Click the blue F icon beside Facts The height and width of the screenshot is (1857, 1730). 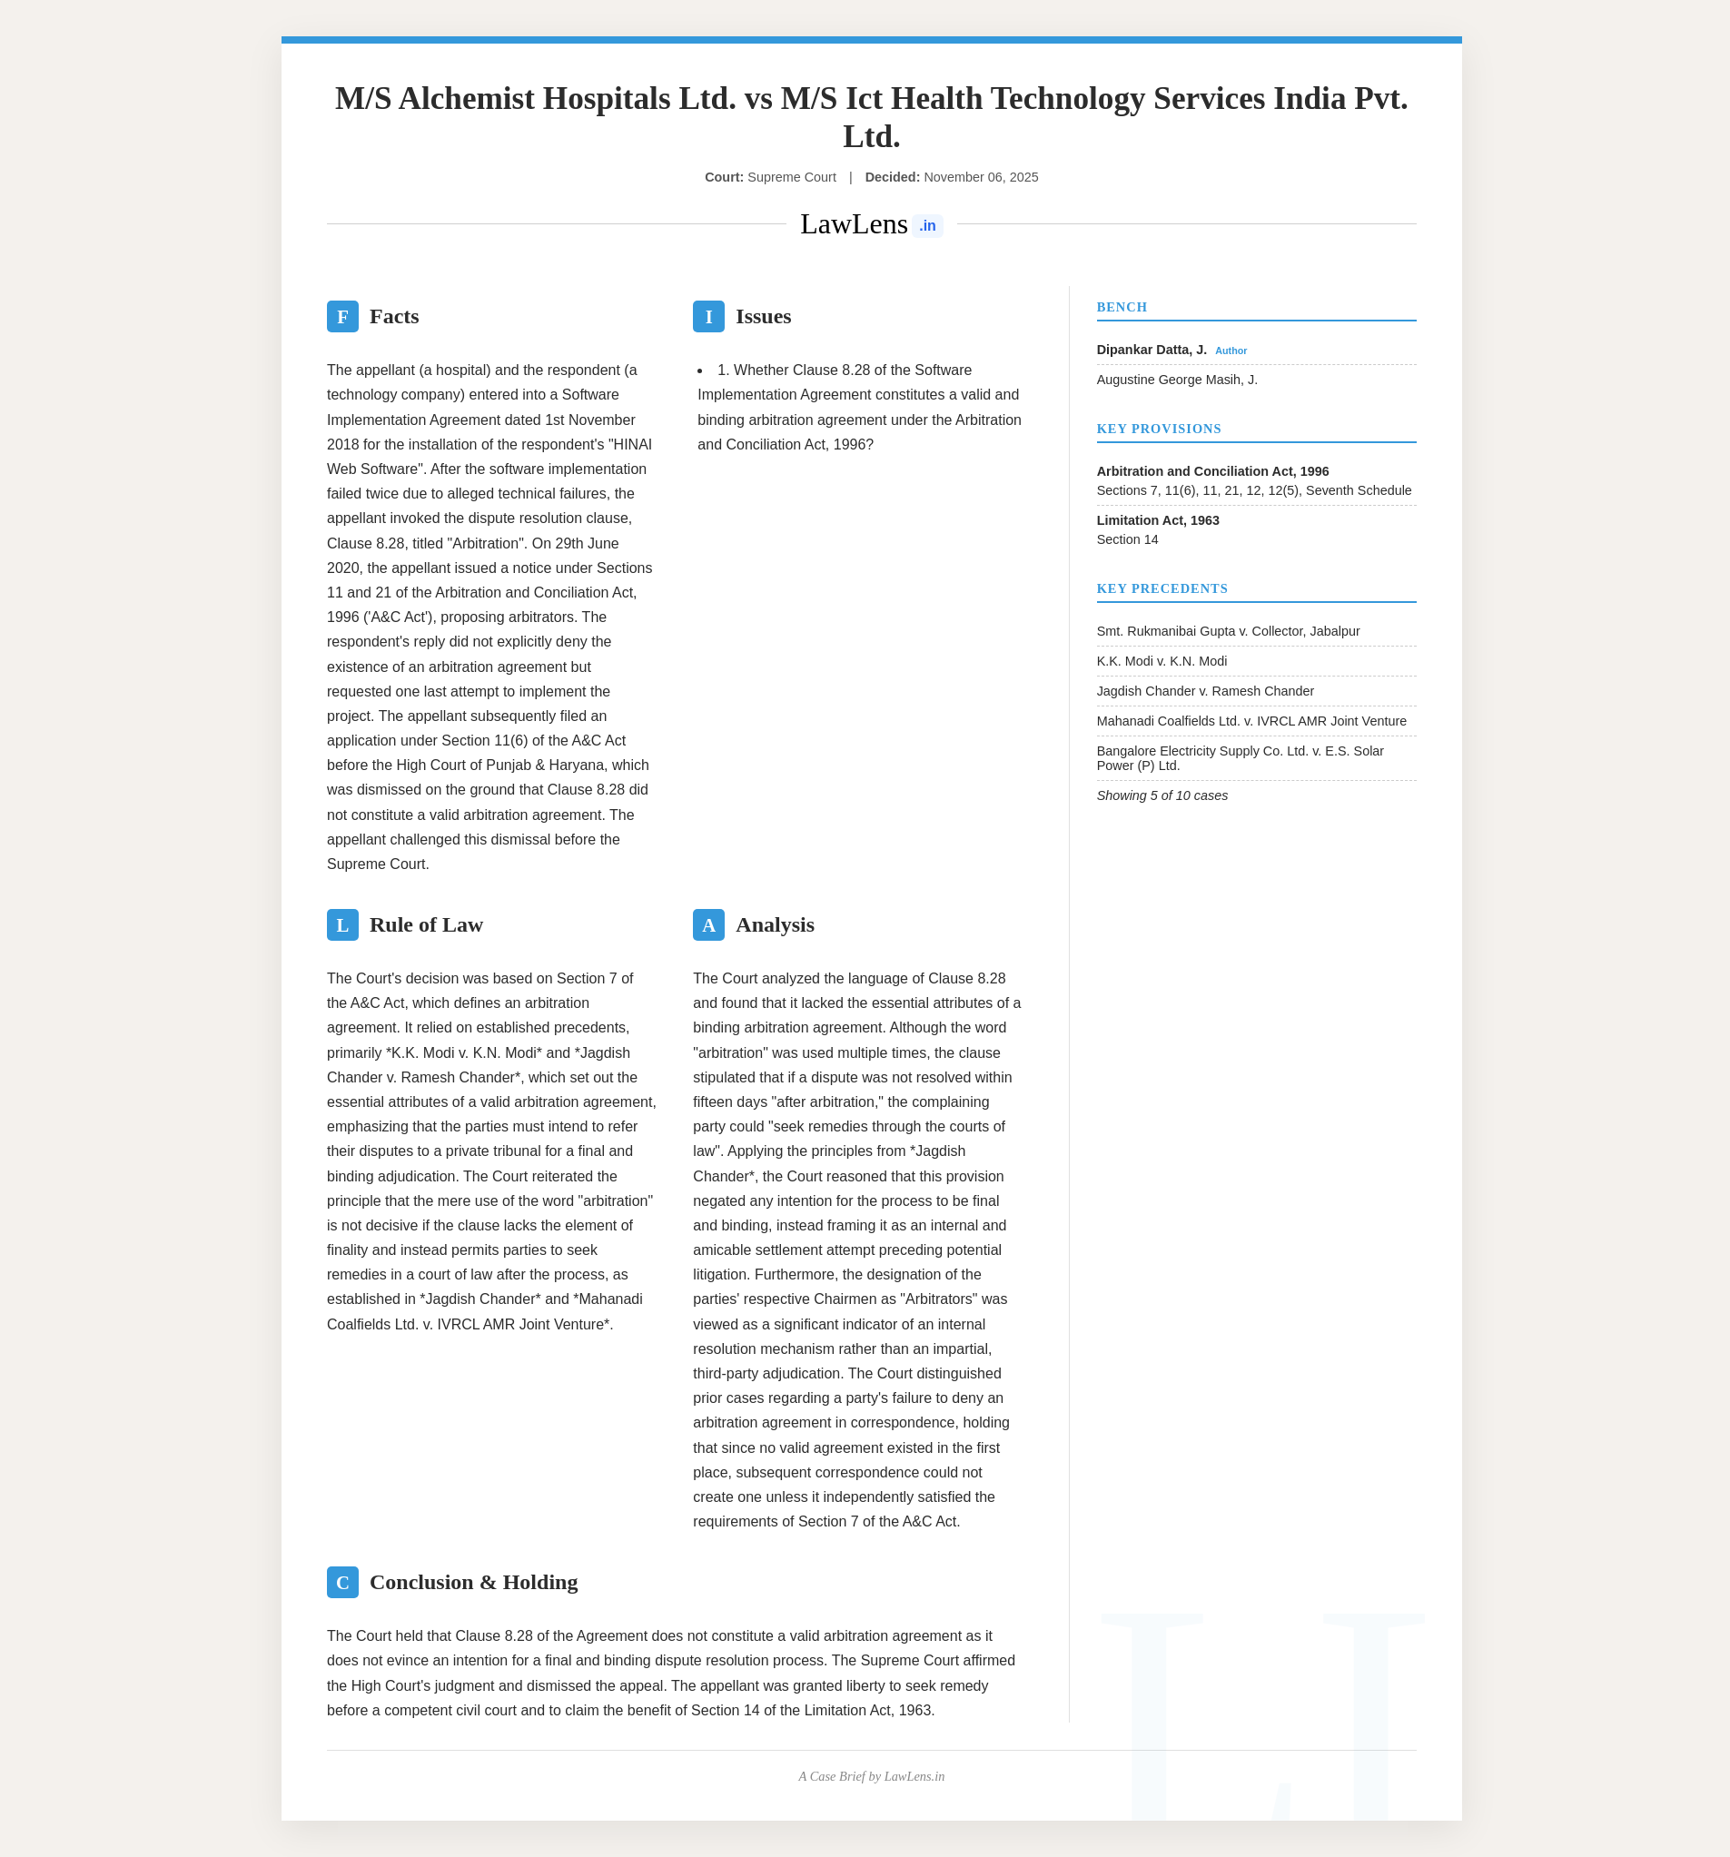pyautogui.click(x=341, y=317)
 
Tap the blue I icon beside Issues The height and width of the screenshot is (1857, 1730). pyautogui.click(x=708, y=317)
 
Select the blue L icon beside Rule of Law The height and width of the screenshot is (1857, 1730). pyautogui.click(x=341, y=924)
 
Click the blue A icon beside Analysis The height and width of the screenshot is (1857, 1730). pyautogui.click(x=708, y=924)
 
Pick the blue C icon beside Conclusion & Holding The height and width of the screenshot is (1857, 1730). pyautogui.click(x=341, y=1583)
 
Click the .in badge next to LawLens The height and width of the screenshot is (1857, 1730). pyautogui.click(x=926, y=226)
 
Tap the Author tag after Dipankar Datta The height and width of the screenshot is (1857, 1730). pyautogui.click(x=1231, y=351)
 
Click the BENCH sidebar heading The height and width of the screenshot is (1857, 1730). pyautogui.click(x=1121, y=307)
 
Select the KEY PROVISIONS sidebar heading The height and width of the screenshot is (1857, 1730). pyautogui.click(x=1158, y=429)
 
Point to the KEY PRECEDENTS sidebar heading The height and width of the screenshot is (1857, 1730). pyautogui.click(x=1162, y=588)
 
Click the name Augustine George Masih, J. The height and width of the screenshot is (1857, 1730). pyautogui.click(x=1176, y=380)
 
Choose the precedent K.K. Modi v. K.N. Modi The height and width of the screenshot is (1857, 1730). pyautogui.click(x=1162, y=661)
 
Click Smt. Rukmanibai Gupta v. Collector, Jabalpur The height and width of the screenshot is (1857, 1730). pyautogui.click(x=1228, y=631)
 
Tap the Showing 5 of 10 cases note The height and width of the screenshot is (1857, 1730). pyautogui.click(x=1162, y=795)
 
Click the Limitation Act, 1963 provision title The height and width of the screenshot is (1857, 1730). pyautogui.click(x=1157, y=520)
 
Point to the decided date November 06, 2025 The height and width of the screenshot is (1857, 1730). pyautogui.click(x=980, y=177)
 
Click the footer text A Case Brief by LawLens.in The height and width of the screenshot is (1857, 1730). pyautogui.click(x=871, y=1777)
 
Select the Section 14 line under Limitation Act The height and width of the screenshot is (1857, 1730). pyautogui.click(x=1127, y=540)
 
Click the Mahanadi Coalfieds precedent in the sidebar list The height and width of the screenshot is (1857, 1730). pyautogui.click(x=1251, y=721)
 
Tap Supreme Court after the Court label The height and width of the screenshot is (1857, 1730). pyautogui.click(x=791, y=177)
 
